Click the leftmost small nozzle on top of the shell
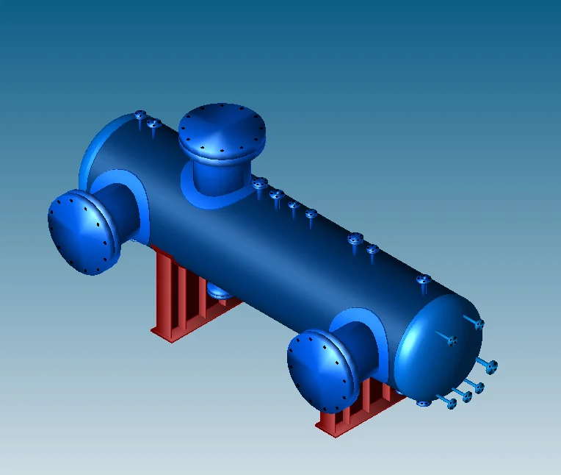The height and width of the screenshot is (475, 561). pyautogui.click(x=140, y=115)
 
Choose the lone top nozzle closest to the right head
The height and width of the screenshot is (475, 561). pyautogui.click(x=423, y=280)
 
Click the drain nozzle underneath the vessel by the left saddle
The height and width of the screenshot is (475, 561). pyautogui.click(x=217, y=291)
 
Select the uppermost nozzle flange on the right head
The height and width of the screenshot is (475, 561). pyautogui.click(x=479, y=324)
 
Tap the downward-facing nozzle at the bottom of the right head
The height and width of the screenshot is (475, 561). pyautogui.click(x=423, y=403)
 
